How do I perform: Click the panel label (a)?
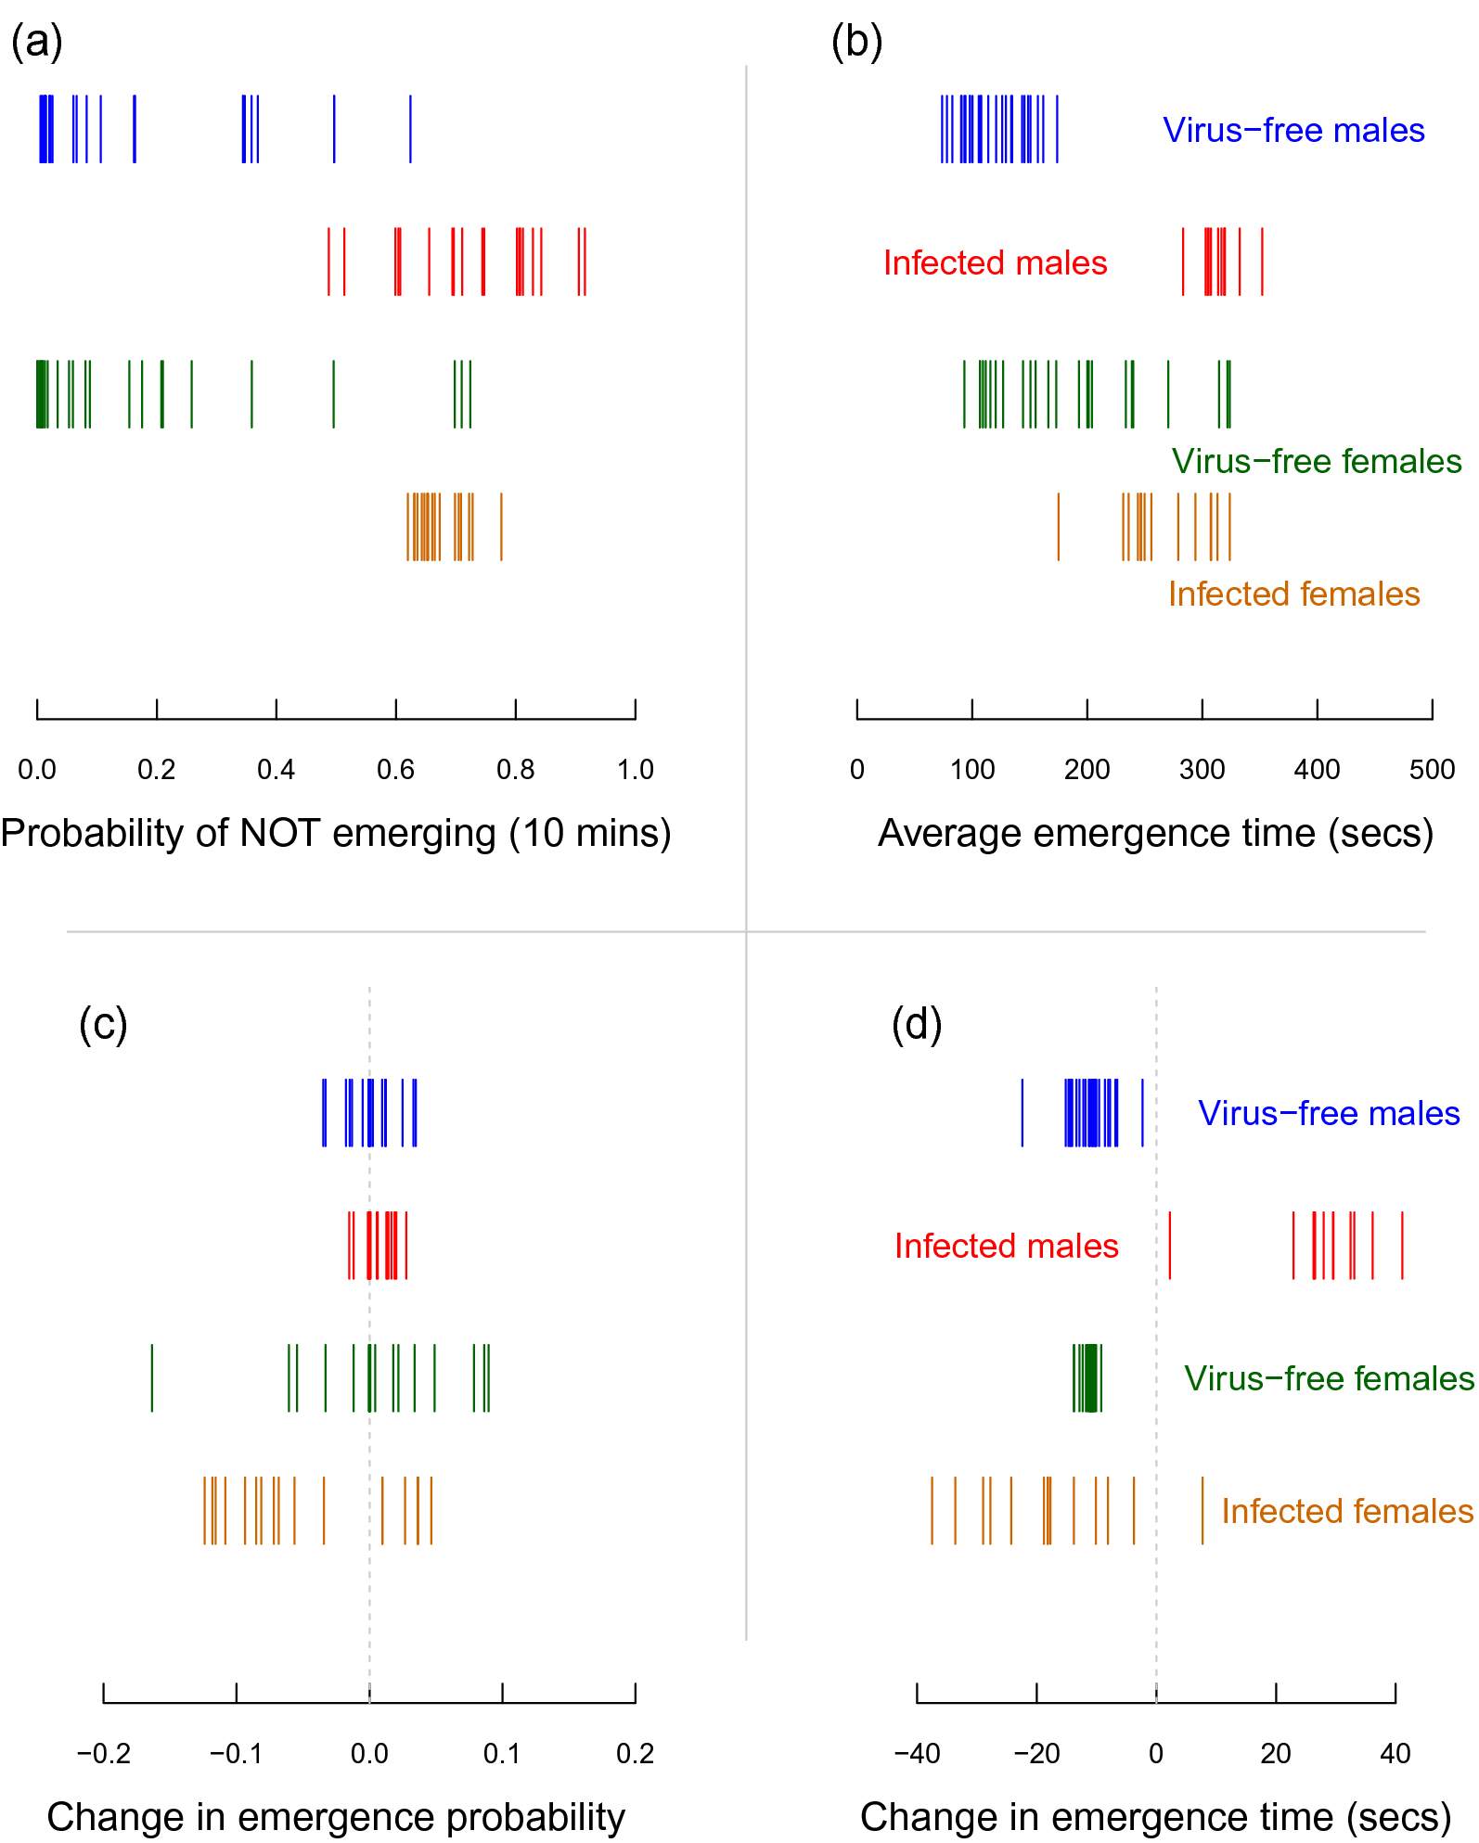click(36, 43)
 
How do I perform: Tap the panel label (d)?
click(917, 1025)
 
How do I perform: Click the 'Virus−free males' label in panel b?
click(1293, 130)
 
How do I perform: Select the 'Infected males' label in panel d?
click(1006, 1246)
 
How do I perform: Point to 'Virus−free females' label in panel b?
click(1316, 461)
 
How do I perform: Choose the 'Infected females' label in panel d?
click(1347, 1511)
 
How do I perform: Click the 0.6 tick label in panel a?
click(395, 769)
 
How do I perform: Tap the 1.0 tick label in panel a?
click(636, 769)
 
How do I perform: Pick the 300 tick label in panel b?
click(1202, 769)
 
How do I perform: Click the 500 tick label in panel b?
click(1432, 769)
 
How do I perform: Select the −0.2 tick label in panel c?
click(103, 1753)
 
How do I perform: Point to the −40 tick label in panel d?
click(917, 1753)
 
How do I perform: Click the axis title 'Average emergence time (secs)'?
click(1155, 833)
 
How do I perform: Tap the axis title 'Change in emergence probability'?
click(336, 1817)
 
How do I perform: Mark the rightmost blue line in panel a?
click(410, 129)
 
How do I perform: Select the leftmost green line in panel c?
click(152, 1378)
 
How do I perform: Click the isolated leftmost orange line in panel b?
click(1059, 527)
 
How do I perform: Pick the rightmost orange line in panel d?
click(1202, 1511)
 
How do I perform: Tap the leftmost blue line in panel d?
click(1022, 1113)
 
